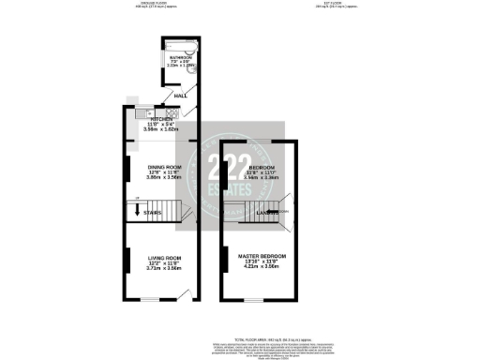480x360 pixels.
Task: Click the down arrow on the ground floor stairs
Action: [138, 211]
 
